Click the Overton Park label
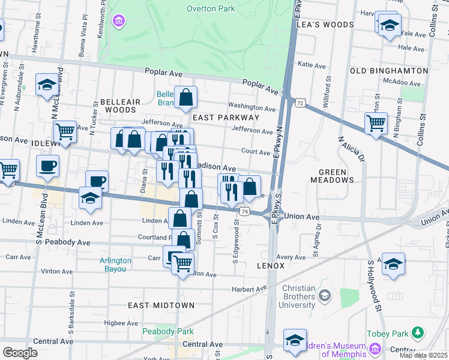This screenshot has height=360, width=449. tap(210, 8)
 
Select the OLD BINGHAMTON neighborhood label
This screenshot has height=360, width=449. tap(389, 71)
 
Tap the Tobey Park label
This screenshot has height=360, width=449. tap(388, 333)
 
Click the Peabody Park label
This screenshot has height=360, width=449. tap(160, 331)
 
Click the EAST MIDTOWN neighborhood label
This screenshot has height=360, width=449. tap(161, 305)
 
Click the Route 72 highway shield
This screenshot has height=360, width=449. tap(299, 104)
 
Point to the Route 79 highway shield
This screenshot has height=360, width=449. tap(244, 211)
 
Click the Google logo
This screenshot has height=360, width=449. tap(20, 352)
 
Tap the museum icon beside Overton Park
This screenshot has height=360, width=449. tap(119, 22)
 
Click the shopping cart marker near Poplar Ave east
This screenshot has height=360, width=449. tap(376, 123)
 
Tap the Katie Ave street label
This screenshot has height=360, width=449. tap(312, 64)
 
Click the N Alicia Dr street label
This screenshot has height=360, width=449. tap(352, 150)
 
